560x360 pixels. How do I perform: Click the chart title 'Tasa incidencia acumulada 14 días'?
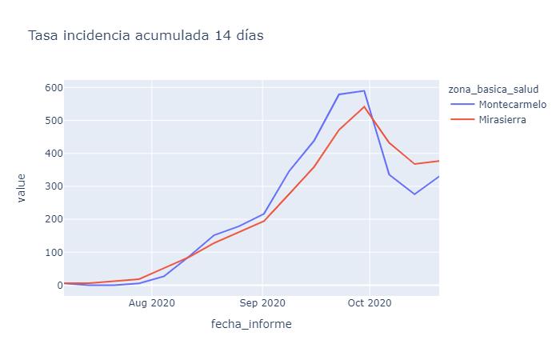tap(146, 35)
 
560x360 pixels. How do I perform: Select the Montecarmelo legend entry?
tap(511, 105)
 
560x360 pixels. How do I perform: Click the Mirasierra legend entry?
tap(502, 121)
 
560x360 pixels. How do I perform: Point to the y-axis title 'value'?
tap(22, 187)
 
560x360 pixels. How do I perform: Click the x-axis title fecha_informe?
tap(251, 324)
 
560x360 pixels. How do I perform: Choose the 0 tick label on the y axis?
tap(56, 285)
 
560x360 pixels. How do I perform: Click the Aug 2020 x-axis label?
tap(152, 303)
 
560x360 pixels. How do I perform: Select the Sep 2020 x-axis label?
tap(262, 303)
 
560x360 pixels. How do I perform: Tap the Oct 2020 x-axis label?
tap(370, 303)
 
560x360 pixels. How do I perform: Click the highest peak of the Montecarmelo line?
tap(364, 90)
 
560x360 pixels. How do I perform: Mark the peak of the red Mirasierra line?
tap(364, 106)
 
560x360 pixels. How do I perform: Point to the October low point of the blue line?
tap(414, 194)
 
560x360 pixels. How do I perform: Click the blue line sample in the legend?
tap(462, 105)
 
